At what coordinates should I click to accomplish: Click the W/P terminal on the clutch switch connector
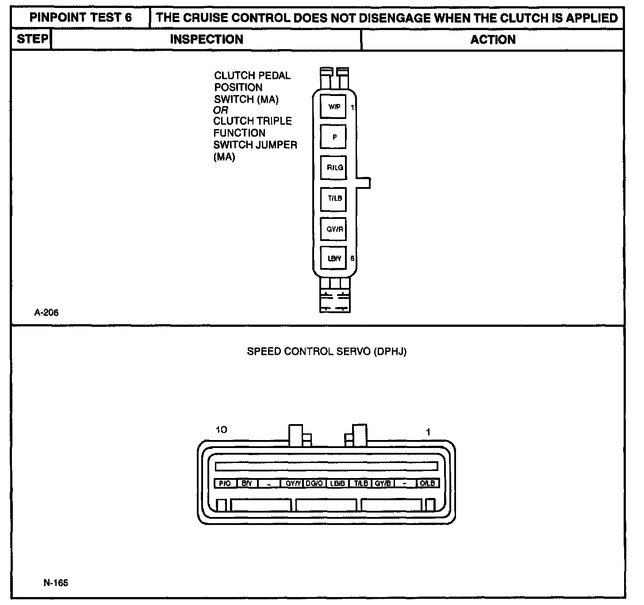[x=333, y=107]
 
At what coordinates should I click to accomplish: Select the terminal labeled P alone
[x=333, y=137]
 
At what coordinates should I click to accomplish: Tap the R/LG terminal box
[x=333, y=167]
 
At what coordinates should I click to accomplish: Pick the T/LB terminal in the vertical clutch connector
[x=333, y=198]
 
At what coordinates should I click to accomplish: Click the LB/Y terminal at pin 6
[x=333, y=258]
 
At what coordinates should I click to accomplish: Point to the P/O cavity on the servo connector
[x=225, y=483]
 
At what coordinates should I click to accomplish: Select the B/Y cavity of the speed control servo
[x=247, y=483]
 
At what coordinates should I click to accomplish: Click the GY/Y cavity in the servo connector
[x=292, y=483]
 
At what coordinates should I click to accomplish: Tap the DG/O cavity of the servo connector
[x=314, y=483]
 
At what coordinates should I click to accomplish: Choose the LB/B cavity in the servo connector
[x=337, y=483]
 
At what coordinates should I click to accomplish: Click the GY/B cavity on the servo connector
[x=383, y=483]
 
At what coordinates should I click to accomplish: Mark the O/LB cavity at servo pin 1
[x=428, y=483]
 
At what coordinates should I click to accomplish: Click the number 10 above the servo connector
[x=221, y=429]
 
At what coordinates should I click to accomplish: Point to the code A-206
[x=46, y=313]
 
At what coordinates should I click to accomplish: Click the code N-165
[x=56, y=582]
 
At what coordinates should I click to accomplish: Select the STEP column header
[x=32, y=39]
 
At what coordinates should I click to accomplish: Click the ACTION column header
[x=493, y=39]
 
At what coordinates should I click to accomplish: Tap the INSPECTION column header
[x=207, y=39]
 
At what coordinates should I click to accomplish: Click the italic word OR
[x=220, y=110]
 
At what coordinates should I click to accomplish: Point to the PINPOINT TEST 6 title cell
[x=80, y=18]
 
